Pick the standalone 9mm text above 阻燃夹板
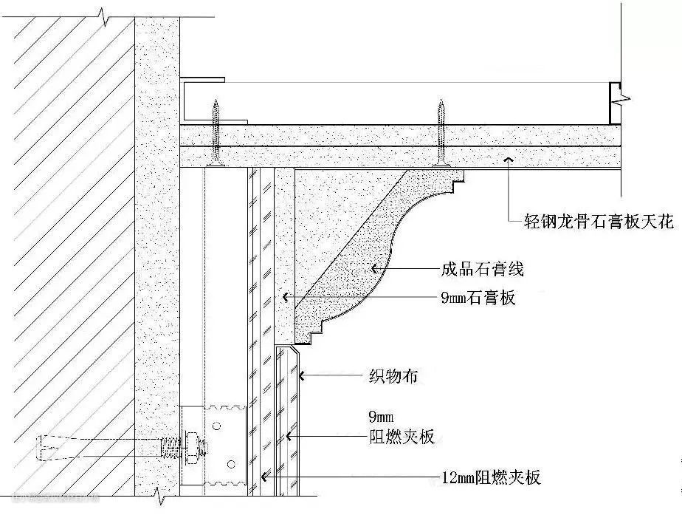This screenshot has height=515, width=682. coord(381,415)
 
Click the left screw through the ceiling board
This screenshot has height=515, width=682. coord(216,133)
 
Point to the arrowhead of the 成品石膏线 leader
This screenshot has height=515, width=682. coord(374,269)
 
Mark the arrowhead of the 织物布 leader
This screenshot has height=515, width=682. coord(303,376)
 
